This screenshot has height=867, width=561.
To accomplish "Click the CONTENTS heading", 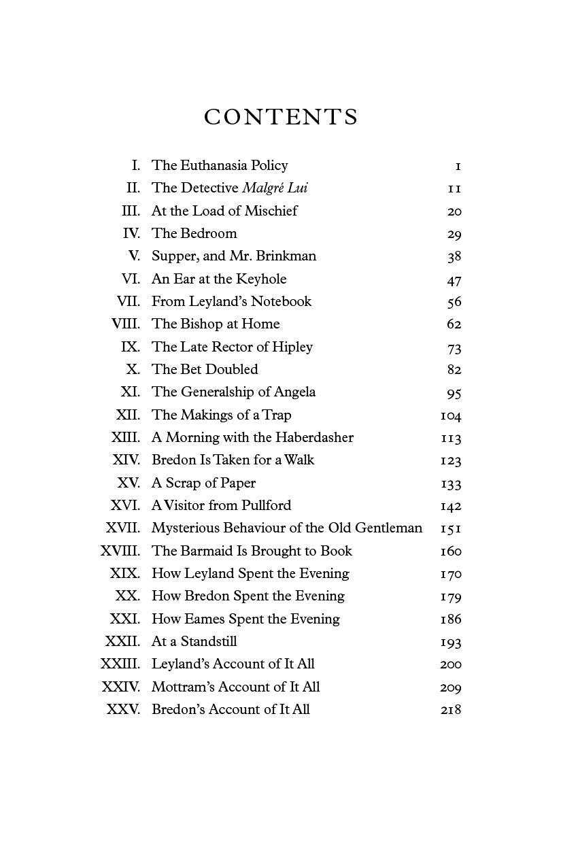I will point(281,117).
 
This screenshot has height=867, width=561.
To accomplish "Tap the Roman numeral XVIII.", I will point(120,551).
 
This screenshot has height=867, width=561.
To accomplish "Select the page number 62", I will point(454,324).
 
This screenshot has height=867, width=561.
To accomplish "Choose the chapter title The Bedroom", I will point(194,233).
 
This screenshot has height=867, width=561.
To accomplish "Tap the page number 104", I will point(451,415).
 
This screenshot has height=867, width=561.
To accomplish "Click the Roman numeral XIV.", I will point(126,460).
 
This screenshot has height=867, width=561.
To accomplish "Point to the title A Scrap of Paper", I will point(203,483).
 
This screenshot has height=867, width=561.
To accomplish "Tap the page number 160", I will point(451,551).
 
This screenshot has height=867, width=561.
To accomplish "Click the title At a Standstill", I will point(194,641).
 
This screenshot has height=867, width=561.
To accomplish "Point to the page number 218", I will point(451,710).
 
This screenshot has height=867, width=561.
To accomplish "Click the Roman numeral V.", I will point(134,256).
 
